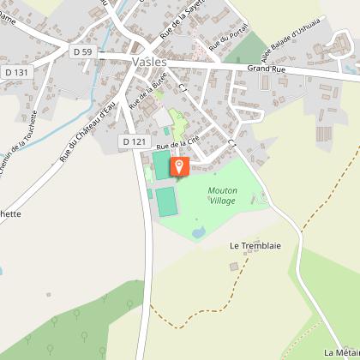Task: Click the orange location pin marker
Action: pyautogui.click(x=178, y=166)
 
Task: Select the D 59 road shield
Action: pyautogui.click(x=81, y=52)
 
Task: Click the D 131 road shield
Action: pyautogui.click(x=15, y=71)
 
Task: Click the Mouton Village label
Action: pyautogui.click(x=222, y=195)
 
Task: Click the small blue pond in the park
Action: pyautogui.click(x=198, y=231)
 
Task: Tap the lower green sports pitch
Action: pyautogui.click(x=165, y=202)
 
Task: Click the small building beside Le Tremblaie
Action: pyautogui.click(x=233, y=267)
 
